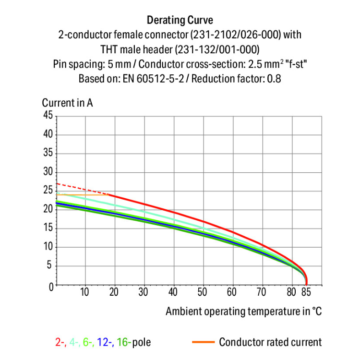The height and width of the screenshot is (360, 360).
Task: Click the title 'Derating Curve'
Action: pyautogui.click(x=180, y=20)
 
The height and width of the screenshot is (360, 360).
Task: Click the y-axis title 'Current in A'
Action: pyautogui.click(x=67, y=103)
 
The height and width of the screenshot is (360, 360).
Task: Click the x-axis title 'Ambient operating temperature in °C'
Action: pyautogui.click(x=243, y=311)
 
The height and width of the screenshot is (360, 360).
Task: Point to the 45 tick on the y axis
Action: pyautogui.click(x=48, y=115)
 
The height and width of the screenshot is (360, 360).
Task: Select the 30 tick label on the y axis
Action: pyautogui.click(x=48, y=172)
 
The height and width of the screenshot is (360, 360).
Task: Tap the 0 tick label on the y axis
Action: pyautogui.click(x=50, y=286)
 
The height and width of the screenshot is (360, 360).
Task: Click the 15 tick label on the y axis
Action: pyautogui.click(x=48, y=228)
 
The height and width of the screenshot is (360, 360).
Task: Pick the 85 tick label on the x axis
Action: pyautogui.click(x=306, y=292)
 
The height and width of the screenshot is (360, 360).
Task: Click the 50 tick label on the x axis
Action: pyautogui.click(x=203, y=292)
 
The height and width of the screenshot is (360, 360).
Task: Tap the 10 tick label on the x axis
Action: pyautogui.click(x=85, y=292)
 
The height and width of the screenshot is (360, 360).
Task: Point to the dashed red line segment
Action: pyautogui.click(x=82, y=189)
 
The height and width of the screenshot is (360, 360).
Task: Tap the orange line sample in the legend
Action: pyautogui.click(x=203, y=342)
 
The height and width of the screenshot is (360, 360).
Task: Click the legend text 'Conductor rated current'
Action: pyautogui.click(x=270, y=342)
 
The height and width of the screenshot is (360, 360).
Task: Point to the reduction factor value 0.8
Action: pyautogui.click(x=274, y=78)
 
